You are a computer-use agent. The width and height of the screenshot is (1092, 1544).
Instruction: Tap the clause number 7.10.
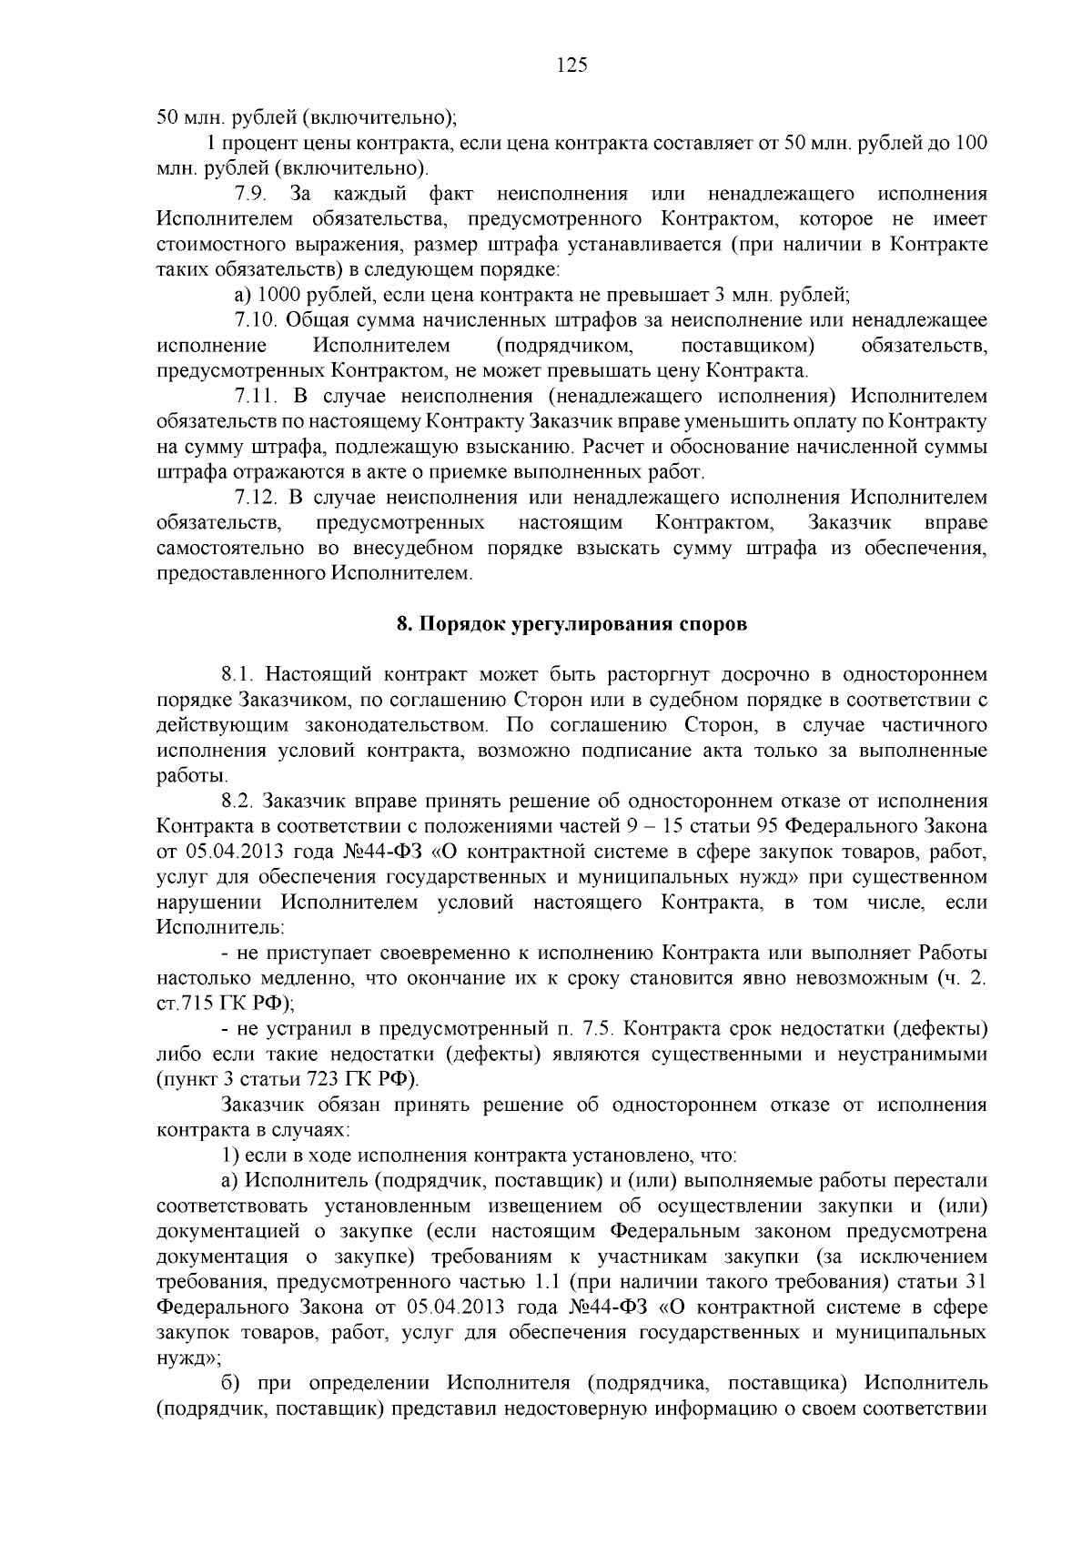click(x=255, y=320)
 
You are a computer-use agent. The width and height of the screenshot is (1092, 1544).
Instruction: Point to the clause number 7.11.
click(x=255, y=397)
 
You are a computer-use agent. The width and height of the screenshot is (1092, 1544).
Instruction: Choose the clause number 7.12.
click(x=255, y=498)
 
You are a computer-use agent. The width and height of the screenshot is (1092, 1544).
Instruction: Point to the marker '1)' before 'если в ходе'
click(x=231, y=1156)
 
